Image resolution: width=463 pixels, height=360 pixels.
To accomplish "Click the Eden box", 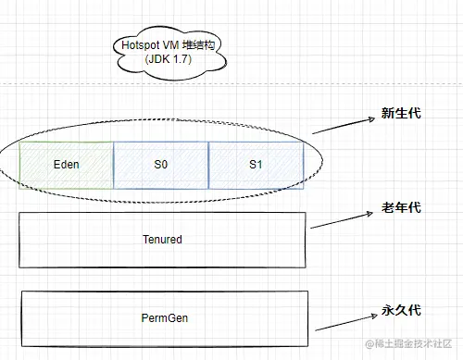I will click(66, 165).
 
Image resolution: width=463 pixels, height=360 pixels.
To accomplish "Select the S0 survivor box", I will click(161, 165).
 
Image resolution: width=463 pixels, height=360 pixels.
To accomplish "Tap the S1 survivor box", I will click(257, 165).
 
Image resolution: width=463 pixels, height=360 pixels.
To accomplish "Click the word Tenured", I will click(162, 240).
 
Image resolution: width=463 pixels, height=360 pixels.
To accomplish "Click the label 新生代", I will click(400, 114).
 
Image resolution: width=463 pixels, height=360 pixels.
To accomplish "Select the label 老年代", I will click(400, 208).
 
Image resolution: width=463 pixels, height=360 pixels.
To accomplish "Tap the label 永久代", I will click(400, 312).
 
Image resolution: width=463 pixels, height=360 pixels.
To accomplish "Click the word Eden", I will click(66, 165).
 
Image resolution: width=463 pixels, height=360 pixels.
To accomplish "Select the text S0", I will click(161, 165).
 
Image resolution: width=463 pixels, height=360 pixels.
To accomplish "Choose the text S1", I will click(257, 165).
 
